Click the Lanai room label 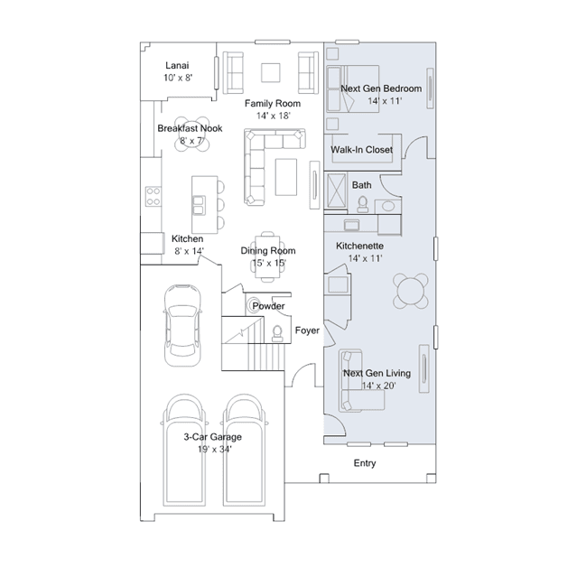pyautogui.click(x=177, y=66)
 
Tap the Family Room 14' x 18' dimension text pyautogui.click(x=273, y=116)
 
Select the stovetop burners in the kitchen pyautogui.click(x=154, y=196)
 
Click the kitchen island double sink pyautogui.click(x=199, y=205)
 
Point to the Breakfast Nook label pyautogui.click(x=190, y=128)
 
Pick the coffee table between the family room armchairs pyautogui.click(x=271, y=72)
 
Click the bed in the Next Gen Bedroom pyautogui.click(x=352, y=88)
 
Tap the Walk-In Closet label pyautogui.click(x=362, y=150)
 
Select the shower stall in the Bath pyautogui.click(x=336, y=191)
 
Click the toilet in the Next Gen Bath pyautogui.click(x=363, y=204)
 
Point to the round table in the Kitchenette pyautogui.click(x=410, y=291)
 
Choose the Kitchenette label pyautogui.click(x=360, y=246)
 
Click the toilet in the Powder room pyautogui.click(x=277, y=333)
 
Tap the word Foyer pyautogui.click(x=307, y=330)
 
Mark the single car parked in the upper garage pyautogui.click(x=182, y=325)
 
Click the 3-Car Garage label pyautogui.click(x=213, y=437)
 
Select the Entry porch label pyautogui.click(x=365, y=463)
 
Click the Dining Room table pyautogui.click(x=267, y=256)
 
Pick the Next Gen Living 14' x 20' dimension pyautogui.click(x=378, y=386)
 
